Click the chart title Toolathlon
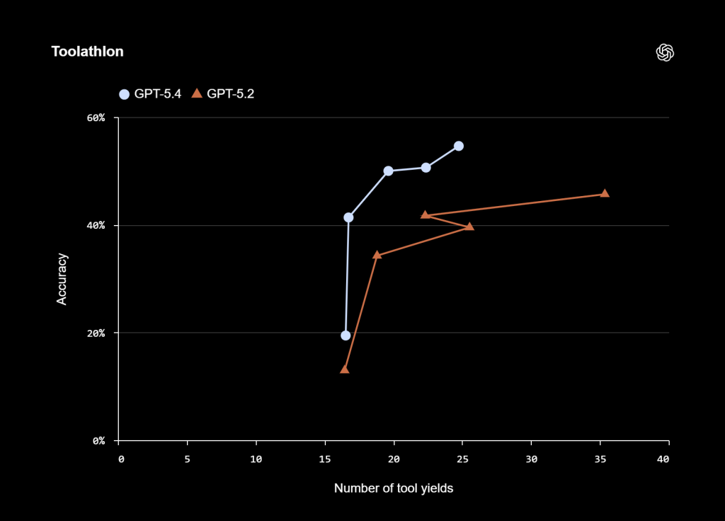87,52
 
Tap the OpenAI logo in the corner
665,52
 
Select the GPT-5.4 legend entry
150,93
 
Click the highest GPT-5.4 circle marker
459,146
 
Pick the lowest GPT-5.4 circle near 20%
346,336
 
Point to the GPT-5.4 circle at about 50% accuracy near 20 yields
388,171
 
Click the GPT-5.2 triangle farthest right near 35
605,194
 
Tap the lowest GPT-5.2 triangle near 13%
345,369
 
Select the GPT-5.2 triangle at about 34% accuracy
377,255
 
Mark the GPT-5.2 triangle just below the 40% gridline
469,227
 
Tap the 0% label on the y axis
98,440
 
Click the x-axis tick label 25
462,459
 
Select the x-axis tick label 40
663,459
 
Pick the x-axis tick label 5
188,459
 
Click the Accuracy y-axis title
62,279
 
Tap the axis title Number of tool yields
393,488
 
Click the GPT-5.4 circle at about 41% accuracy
348,217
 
